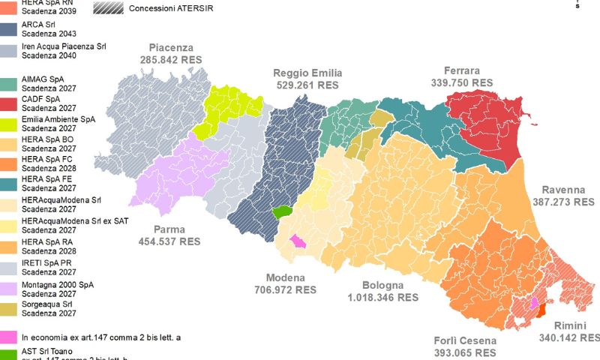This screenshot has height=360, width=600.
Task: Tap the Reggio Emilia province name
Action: tap(307, 73)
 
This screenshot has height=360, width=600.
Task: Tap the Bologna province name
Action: tap(382, 285)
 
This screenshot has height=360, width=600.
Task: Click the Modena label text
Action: tap(285, 277)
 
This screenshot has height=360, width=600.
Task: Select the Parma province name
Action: tap(169, 229)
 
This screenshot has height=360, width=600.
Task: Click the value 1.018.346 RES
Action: tap(382, 297)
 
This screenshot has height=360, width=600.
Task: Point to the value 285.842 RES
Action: tap(171, 58)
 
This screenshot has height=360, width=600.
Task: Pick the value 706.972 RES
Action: tap(285, 289)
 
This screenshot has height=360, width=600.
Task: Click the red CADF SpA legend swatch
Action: tap(9, 103)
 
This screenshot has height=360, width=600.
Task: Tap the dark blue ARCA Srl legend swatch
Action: tap(9, 30)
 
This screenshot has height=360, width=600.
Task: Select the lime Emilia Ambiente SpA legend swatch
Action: tap(9, 123)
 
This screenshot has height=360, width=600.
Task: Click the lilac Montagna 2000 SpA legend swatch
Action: tap(9, 289)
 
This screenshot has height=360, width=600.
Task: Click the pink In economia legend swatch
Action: tap(9, 337)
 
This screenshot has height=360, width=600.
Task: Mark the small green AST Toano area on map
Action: tap(282, 212)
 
